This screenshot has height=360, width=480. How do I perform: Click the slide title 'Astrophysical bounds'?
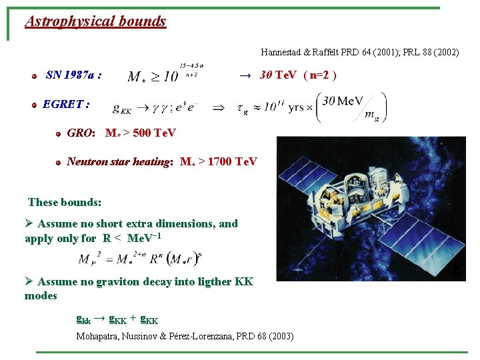click(x=95, y=21)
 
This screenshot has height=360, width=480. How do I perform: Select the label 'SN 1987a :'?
click(x=74, y=75)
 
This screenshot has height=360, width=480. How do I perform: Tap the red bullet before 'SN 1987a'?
click(x=33, y=76)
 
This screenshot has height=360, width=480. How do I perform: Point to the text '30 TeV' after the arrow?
click(x=279, y=75)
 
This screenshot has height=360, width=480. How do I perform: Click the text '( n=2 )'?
click(x=319, y=75)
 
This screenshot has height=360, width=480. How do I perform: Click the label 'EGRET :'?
click(x=66, y=104)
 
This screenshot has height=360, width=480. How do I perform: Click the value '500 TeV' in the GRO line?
click(x=155, y=133)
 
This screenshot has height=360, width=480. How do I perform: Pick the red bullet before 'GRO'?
click(x=59, y=134)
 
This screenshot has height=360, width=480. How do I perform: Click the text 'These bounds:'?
click(x=65, y=202)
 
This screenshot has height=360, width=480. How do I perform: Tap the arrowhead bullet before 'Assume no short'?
click(x=29, y=224)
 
